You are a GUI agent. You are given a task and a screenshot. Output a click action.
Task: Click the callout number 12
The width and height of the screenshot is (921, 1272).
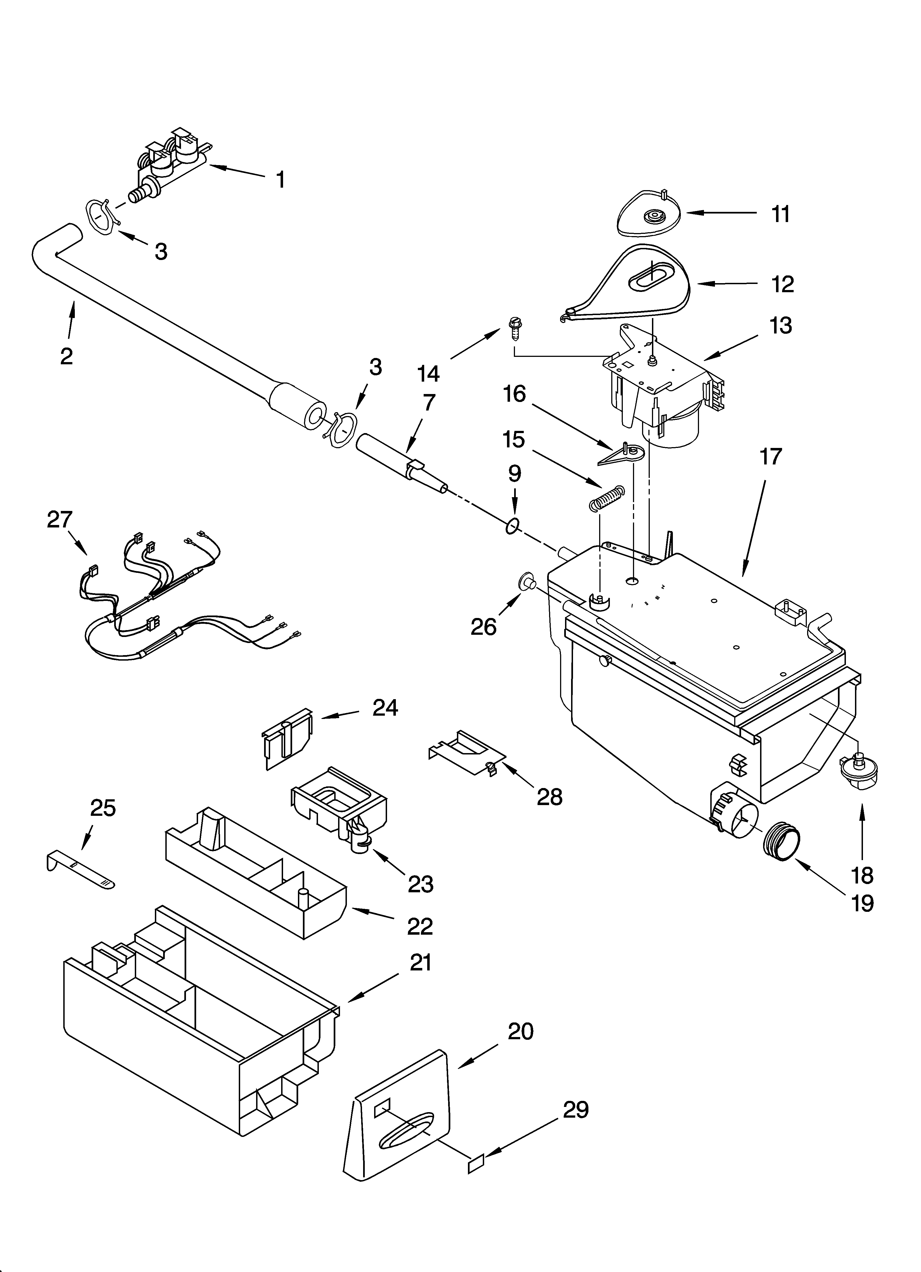click(x=782, y=284)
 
